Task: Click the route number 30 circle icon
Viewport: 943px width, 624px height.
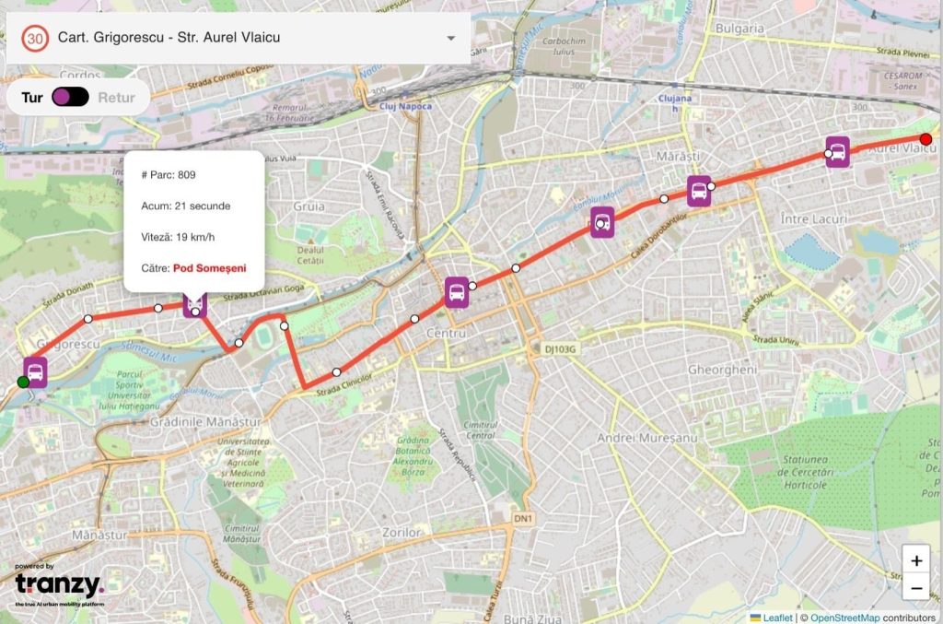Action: pyautogui.click(x=35, y=38)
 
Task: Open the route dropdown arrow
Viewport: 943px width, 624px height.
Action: pyautogui.click(x=451, y=39)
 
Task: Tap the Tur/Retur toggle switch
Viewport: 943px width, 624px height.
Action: pyautogui.click(x=70, y=97)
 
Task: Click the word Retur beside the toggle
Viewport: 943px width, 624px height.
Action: pyautogui.click(x=116, y=98)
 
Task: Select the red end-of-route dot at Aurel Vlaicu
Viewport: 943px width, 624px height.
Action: pyautogui.click(x=926, y=140)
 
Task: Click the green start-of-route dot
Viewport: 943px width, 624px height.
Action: pyautogui.click(x=23, y=382)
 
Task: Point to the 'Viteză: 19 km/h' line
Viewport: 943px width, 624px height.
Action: pyautogui.click(x=178, y=237)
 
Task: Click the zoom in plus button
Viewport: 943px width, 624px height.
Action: pyautogui.click(x=915, y=559)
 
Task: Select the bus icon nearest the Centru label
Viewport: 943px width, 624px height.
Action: pyautogui.click(x=457, y=292)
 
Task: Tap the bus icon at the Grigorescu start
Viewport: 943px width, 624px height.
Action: pyautogui.click(x=35, y=371)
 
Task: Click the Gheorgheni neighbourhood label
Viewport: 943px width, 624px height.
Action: pyautogui.click(x=728, y=370)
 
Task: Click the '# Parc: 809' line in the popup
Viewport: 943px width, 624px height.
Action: pyautogui.click(x=169, y=174)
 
